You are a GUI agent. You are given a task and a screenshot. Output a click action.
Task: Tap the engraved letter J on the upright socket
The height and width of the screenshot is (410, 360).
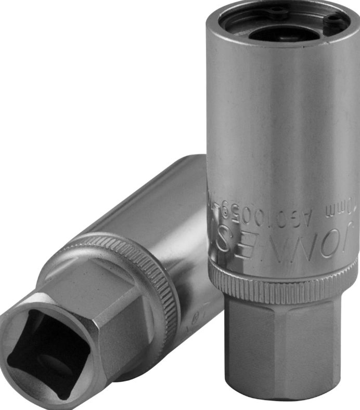coord(348,241)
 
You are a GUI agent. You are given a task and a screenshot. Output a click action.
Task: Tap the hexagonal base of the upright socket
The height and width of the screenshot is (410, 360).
coord(291,353)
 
